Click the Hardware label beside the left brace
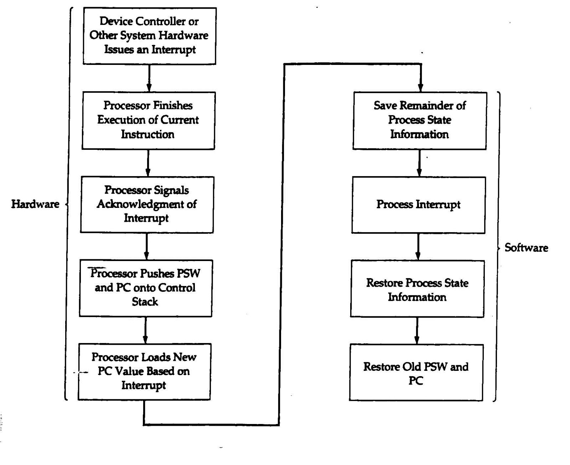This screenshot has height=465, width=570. pos(35,204)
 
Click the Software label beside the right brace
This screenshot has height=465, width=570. pos(526,248)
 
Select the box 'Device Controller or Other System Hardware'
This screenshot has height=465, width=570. pos(149,36)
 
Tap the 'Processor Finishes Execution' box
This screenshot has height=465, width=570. pos(148,121)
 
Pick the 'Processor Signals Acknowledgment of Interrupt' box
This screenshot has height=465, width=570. pos(147,204)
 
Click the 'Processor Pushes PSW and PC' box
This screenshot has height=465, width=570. pos(145,288)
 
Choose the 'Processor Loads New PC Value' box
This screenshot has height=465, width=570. pos(144,372)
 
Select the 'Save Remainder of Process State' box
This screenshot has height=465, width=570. pos(420,121)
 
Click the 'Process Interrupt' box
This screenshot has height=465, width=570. pos(418,205)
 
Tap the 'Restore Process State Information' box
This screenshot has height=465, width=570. pos(417,289)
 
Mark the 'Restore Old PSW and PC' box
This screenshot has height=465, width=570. pos(416,373)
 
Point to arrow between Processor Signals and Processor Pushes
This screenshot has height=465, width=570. pos(146,246)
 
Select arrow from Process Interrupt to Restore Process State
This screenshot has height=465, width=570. pos(418,247)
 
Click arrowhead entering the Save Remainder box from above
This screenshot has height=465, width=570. pos(420,87)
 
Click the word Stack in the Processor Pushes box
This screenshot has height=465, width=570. pos(145,302)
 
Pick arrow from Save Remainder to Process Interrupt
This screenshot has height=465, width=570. pos(419,163)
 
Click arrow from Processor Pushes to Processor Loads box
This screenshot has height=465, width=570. pos(145,330)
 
